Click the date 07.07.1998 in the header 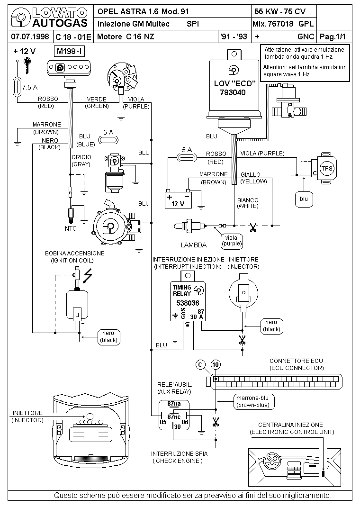(30, 36)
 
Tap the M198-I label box (71, 51)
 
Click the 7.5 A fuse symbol (17, 87)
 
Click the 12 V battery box (178, 200)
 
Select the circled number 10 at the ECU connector (216, 365)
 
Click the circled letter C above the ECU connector (200, 365)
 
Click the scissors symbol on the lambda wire (253, 227)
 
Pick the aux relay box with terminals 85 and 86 (174, 415)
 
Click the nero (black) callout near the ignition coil (108, 336)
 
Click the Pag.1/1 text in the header (333, 36)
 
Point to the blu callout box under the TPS (304, 199)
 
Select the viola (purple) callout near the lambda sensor (231, 241)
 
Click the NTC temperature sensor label (71, 228)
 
